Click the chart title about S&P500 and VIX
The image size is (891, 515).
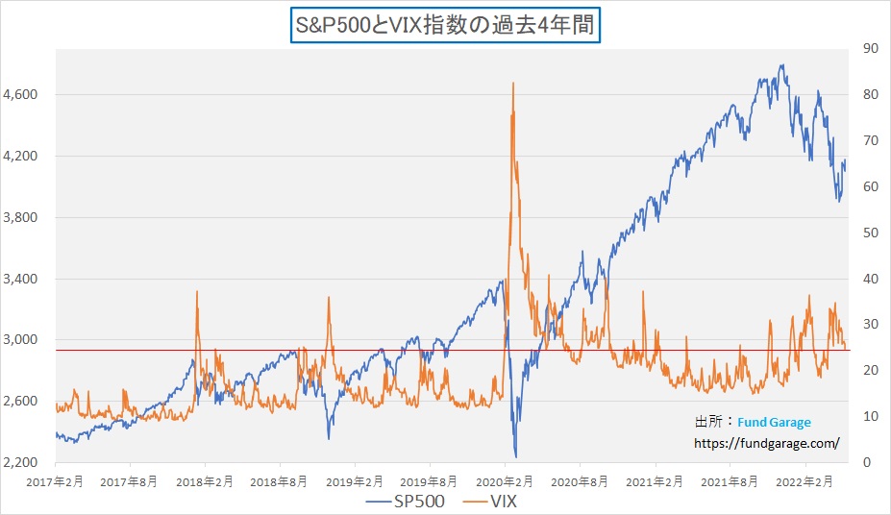[445, 24]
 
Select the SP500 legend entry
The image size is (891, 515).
[404, 501]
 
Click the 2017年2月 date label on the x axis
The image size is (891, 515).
[56, 479]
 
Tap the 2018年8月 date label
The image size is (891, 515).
[280, 479]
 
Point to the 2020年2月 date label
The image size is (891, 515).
[505, 479]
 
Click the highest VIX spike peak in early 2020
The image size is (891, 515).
[513, 84]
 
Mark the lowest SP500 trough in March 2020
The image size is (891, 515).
[516, 456]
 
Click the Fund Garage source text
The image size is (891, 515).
[775, 422]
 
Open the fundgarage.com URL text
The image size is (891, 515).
[767, 443]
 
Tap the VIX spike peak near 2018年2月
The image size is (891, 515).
[196, 291]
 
